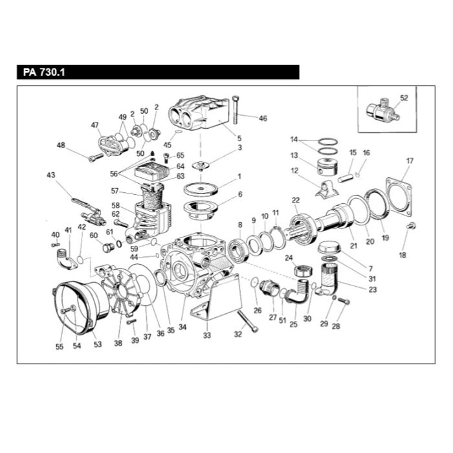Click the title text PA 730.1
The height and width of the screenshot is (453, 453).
(x=44, y=72)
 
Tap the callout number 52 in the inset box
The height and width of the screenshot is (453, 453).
(x=404, y=98)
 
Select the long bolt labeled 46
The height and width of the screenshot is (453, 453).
(x=236, y=111)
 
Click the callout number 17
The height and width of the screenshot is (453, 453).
(x=410, y=160)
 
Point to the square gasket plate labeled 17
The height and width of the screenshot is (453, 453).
(x=399, y=197)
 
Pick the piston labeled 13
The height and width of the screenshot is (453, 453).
(x=327, y=167)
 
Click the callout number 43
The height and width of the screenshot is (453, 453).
(x=51, y=175)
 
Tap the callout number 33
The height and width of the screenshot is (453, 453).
(x=207, y=335)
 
